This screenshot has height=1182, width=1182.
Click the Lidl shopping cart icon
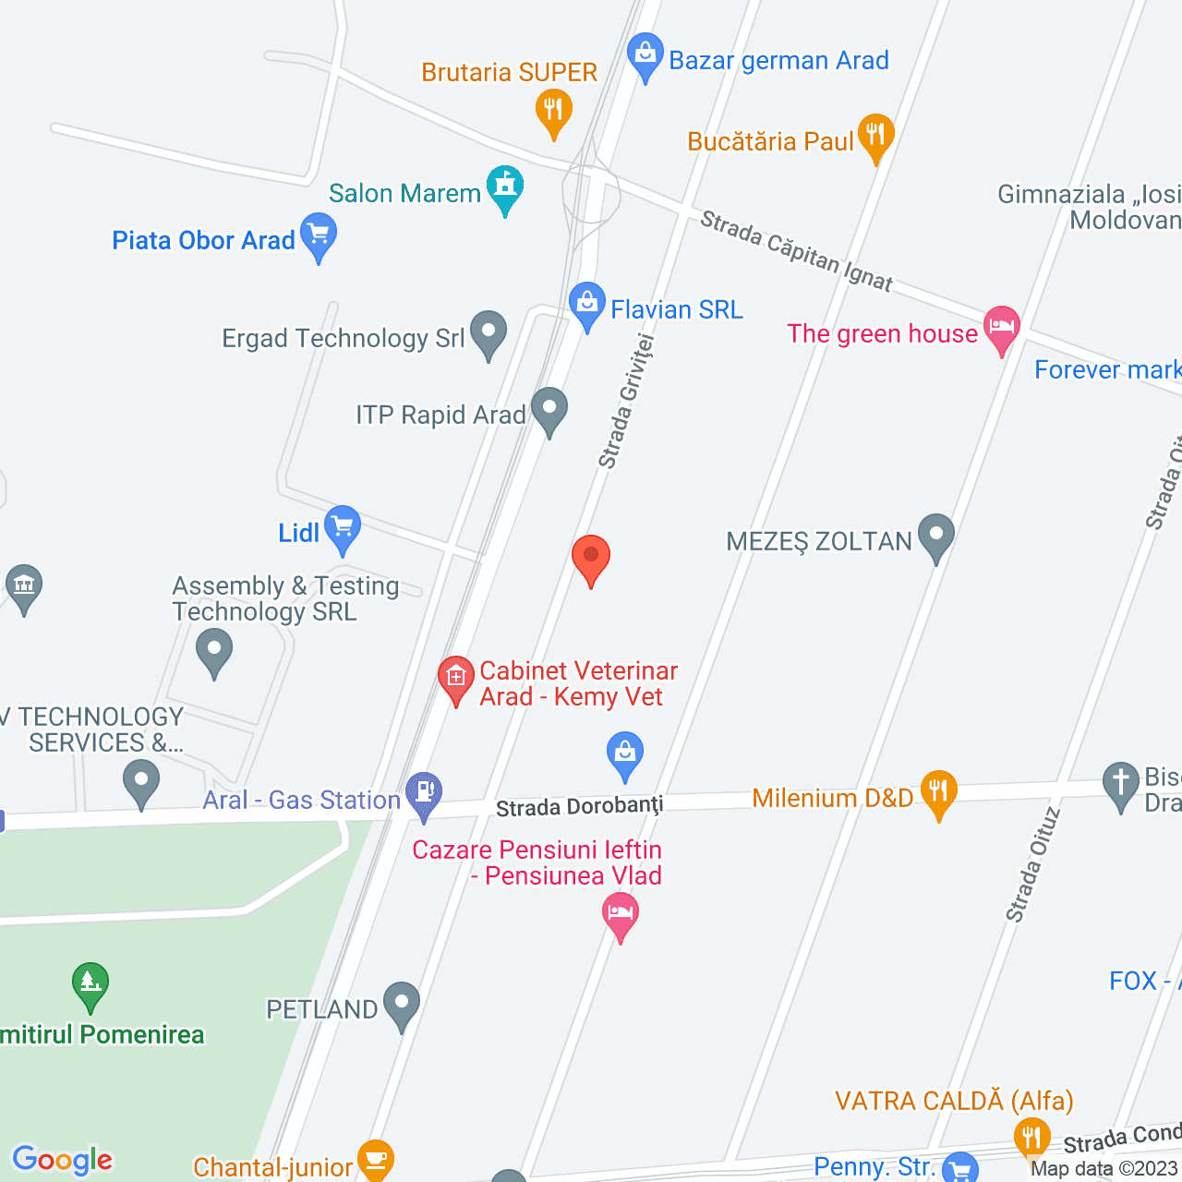click(343, 528)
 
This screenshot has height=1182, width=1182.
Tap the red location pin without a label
click(591, 558)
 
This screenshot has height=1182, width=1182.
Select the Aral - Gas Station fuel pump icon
click(425, 793)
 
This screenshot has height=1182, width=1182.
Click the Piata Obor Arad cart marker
click(319, 235)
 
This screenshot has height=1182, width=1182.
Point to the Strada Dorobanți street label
click(579, 807)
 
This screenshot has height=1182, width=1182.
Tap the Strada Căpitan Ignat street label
click(796, 250)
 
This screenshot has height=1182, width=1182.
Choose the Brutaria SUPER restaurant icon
click(553, 112)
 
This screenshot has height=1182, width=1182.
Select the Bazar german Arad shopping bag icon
click(645, 55)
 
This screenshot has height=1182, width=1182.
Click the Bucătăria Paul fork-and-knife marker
click(875, 137)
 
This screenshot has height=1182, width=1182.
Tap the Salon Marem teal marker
click(505, 187)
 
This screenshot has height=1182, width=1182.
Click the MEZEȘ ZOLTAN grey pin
click(936, 536)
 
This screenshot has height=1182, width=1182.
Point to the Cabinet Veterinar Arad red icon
click(455, 679)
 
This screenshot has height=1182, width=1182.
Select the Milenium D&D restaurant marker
click(938, 792)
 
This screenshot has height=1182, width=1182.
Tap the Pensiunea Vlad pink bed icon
click(621, 914)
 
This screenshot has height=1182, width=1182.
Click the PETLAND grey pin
click(402, 1003)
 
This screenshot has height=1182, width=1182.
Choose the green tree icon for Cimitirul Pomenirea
click(90, 984)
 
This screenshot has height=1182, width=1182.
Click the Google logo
click(63, 1160)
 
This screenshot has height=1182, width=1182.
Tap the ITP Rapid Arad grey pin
click(549, 409)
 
